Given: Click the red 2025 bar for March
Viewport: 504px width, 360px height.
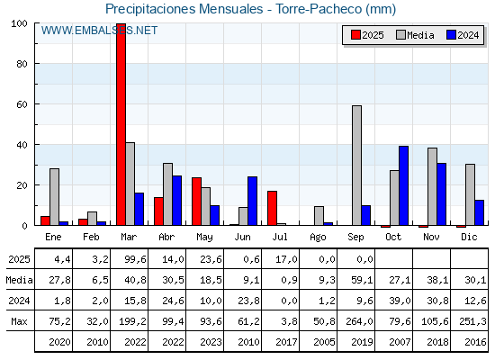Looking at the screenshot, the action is [121, 124].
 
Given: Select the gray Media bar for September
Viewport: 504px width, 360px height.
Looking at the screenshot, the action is [356, 166].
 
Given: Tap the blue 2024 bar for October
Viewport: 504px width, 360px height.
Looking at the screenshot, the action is [404, 185].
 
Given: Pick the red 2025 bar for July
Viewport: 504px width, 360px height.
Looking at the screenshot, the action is [272, 208].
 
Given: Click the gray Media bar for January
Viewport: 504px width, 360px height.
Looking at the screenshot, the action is [55, 197].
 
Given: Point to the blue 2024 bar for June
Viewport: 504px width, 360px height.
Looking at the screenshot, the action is [253, 202].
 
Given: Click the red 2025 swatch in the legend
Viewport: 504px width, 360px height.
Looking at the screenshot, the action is [355, 35].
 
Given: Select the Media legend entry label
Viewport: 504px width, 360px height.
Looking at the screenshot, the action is [420, 35].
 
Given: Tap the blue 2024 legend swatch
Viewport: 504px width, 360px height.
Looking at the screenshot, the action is [451, 35].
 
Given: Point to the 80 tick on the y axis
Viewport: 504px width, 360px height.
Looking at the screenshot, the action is [22, 64].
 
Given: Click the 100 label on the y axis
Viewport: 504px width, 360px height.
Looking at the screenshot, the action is [19, 23].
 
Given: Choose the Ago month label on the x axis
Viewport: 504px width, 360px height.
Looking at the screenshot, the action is [318, 238].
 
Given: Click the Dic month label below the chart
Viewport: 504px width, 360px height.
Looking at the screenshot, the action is [469, 237].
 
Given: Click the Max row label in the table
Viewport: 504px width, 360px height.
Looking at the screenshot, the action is [19, 321].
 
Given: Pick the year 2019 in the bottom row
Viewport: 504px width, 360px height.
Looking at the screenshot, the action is [362, 342].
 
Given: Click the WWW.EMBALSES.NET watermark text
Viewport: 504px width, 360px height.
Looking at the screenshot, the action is [99, 31].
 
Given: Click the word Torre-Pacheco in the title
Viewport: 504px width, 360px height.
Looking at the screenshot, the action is [319, 9].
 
